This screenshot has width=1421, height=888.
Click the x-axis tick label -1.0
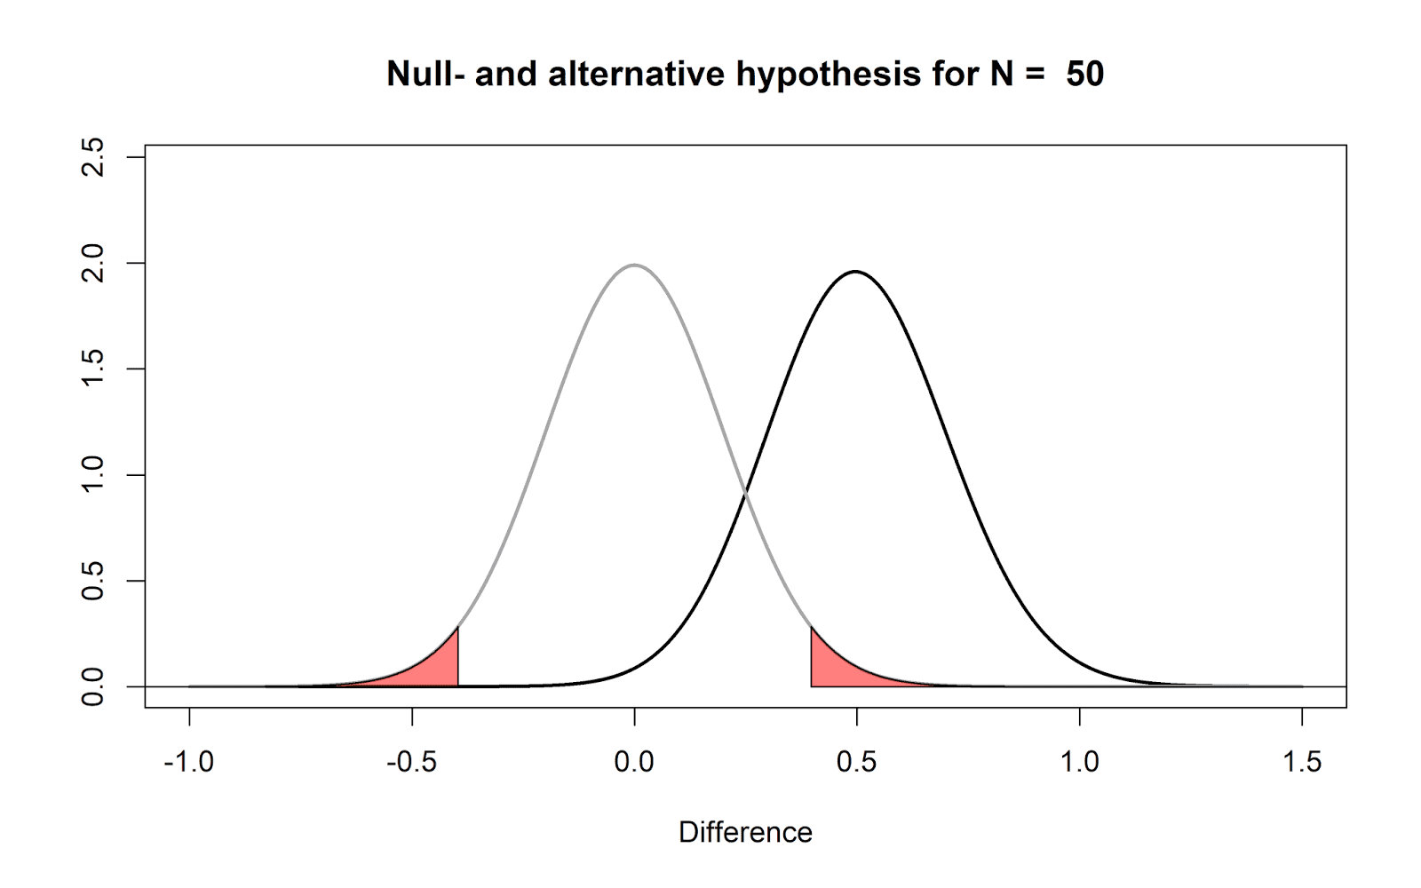click(x=188, y=762)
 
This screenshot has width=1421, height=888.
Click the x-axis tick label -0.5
click(x=411, y=762)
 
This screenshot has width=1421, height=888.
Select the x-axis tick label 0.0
click(x=634, y=762)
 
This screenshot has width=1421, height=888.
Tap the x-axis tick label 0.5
click(x=856, y=762)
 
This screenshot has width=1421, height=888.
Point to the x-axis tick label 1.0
click(x=1079, y=762)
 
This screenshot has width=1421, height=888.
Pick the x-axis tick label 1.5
click(x=1302, y=762)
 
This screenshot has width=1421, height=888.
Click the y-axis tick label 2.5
click(x=92, y=157)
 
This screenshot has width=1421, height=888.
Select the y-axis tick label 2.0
click(x=92, y=263)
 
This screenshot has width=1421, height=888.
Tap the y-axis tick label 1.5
click(x=92, y=369)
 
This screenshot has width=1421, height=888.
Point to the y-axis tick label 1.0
click(x=92, y=475)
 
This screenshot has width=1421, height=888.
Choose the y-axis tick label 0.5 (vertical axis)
click(x=92, y=581)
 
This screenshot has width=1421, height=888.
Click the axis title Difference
click(x=745, y=833)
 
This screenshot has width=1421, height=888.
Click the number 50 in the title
click(x=1084, y=74)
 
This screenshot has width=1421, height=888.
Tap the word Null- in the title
click(x=425, y=74)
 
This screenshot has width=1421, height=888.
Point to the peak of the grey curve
click(x=634, y=265)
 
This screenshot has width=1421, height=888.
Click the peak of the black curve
click(x=855, y=272)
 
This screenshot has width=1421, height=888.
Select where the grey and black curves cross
click(x=745, y=492)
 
